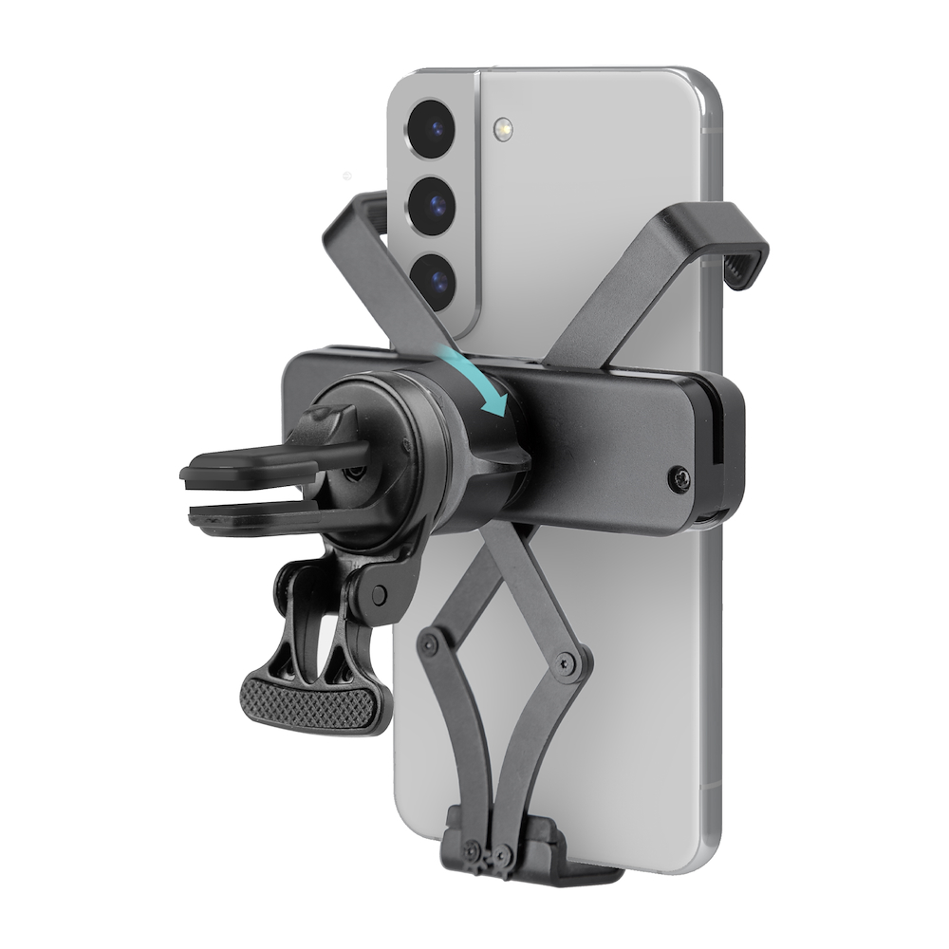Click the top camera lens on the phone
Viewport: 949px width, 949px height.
[x=433, y=123]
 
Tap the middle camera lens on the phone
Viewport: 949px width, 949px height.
[x=434, y=201]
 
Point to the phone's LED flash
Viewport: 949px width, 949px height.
[x=503, y=129]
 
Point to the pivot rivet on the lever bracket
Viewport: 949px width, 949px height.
[x=379, y=596]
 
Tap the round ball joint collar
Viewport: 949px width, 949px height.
[x=446, y=446]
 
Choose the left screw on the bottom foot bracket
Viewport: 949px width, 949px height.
[x=472, y=850]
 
